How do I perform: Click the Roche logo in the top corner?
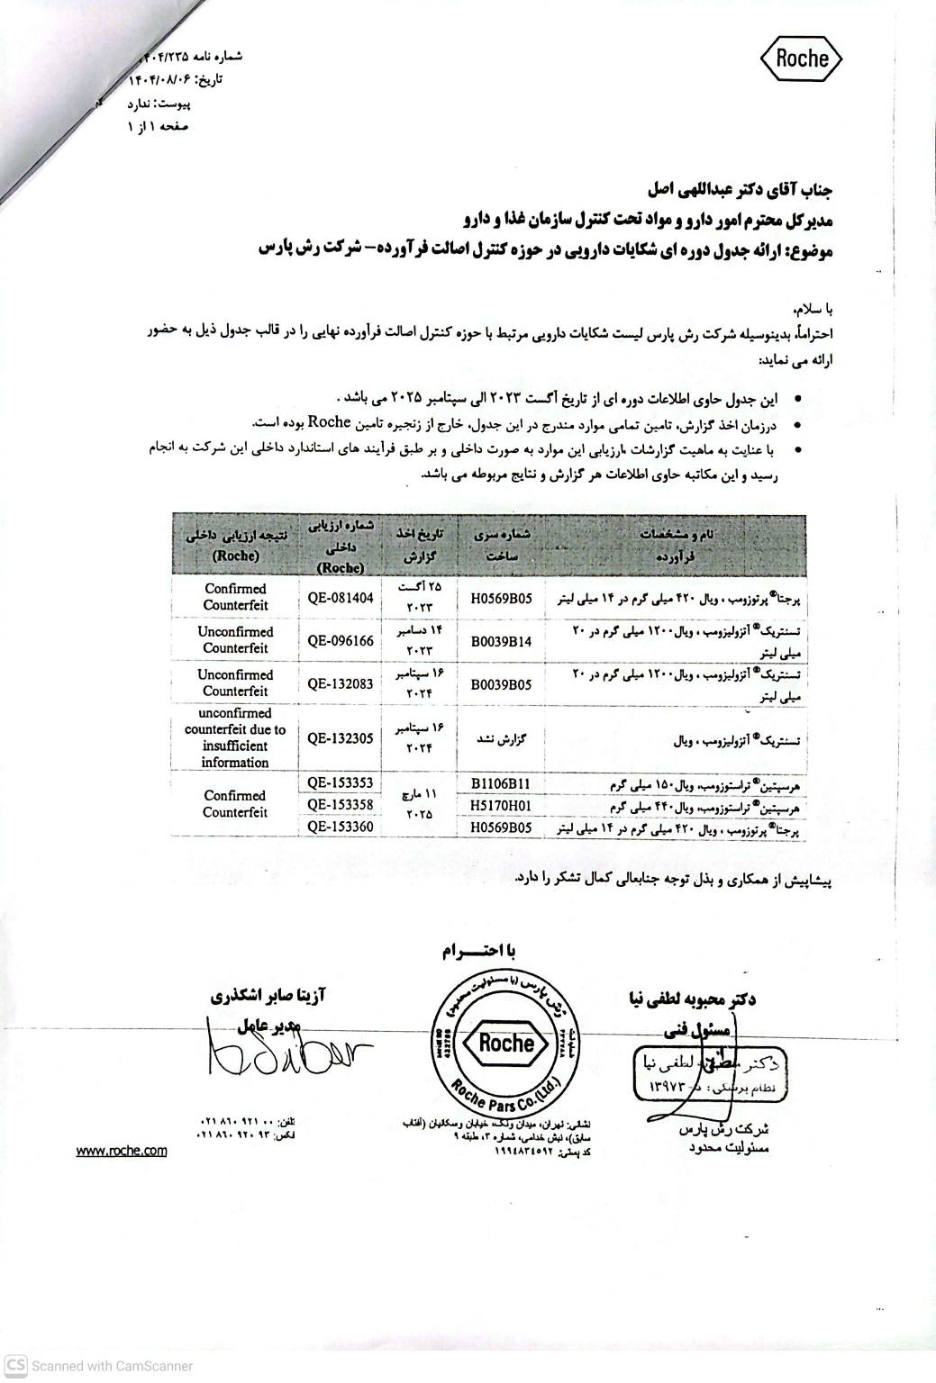click(801, 59)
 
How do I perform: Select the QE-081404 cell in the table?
click(340, 596)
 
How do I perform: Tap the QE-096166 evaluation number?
click(340, 640)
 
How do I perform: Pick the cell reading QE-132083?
click(340, 683)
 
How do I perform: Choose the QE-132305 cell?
click(340, 737)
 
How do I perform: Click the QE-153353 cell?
click(340, 782)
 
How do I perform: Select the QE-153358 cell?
click(340, 804)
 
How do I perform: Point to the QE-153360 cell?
click(340, 826)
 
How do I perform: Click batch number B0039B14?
click(502, 640)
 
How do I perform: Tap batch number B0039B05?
click(502, 683)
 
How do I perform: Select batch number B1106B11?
click(502, 782)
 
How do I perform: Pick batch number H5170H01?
click(502, 804)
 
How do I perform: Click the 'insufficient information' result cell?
click(235, 737)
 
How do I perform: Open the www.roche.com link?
click(122, 1151)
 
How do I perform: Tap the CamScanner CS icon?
click(16, 1364)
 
